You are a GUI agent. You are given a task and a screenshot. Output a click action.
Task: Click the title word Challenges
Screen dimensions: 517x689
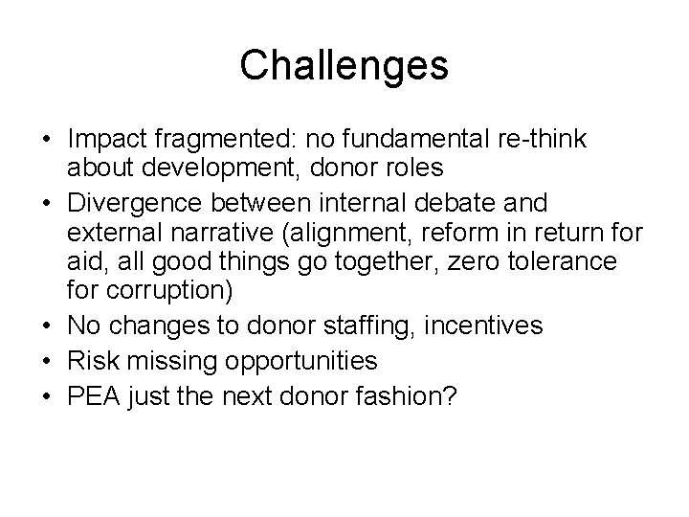point(344,65)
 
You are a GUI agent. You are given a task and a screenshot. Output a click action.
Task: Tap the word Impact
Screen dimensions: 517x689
point(104,140)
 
